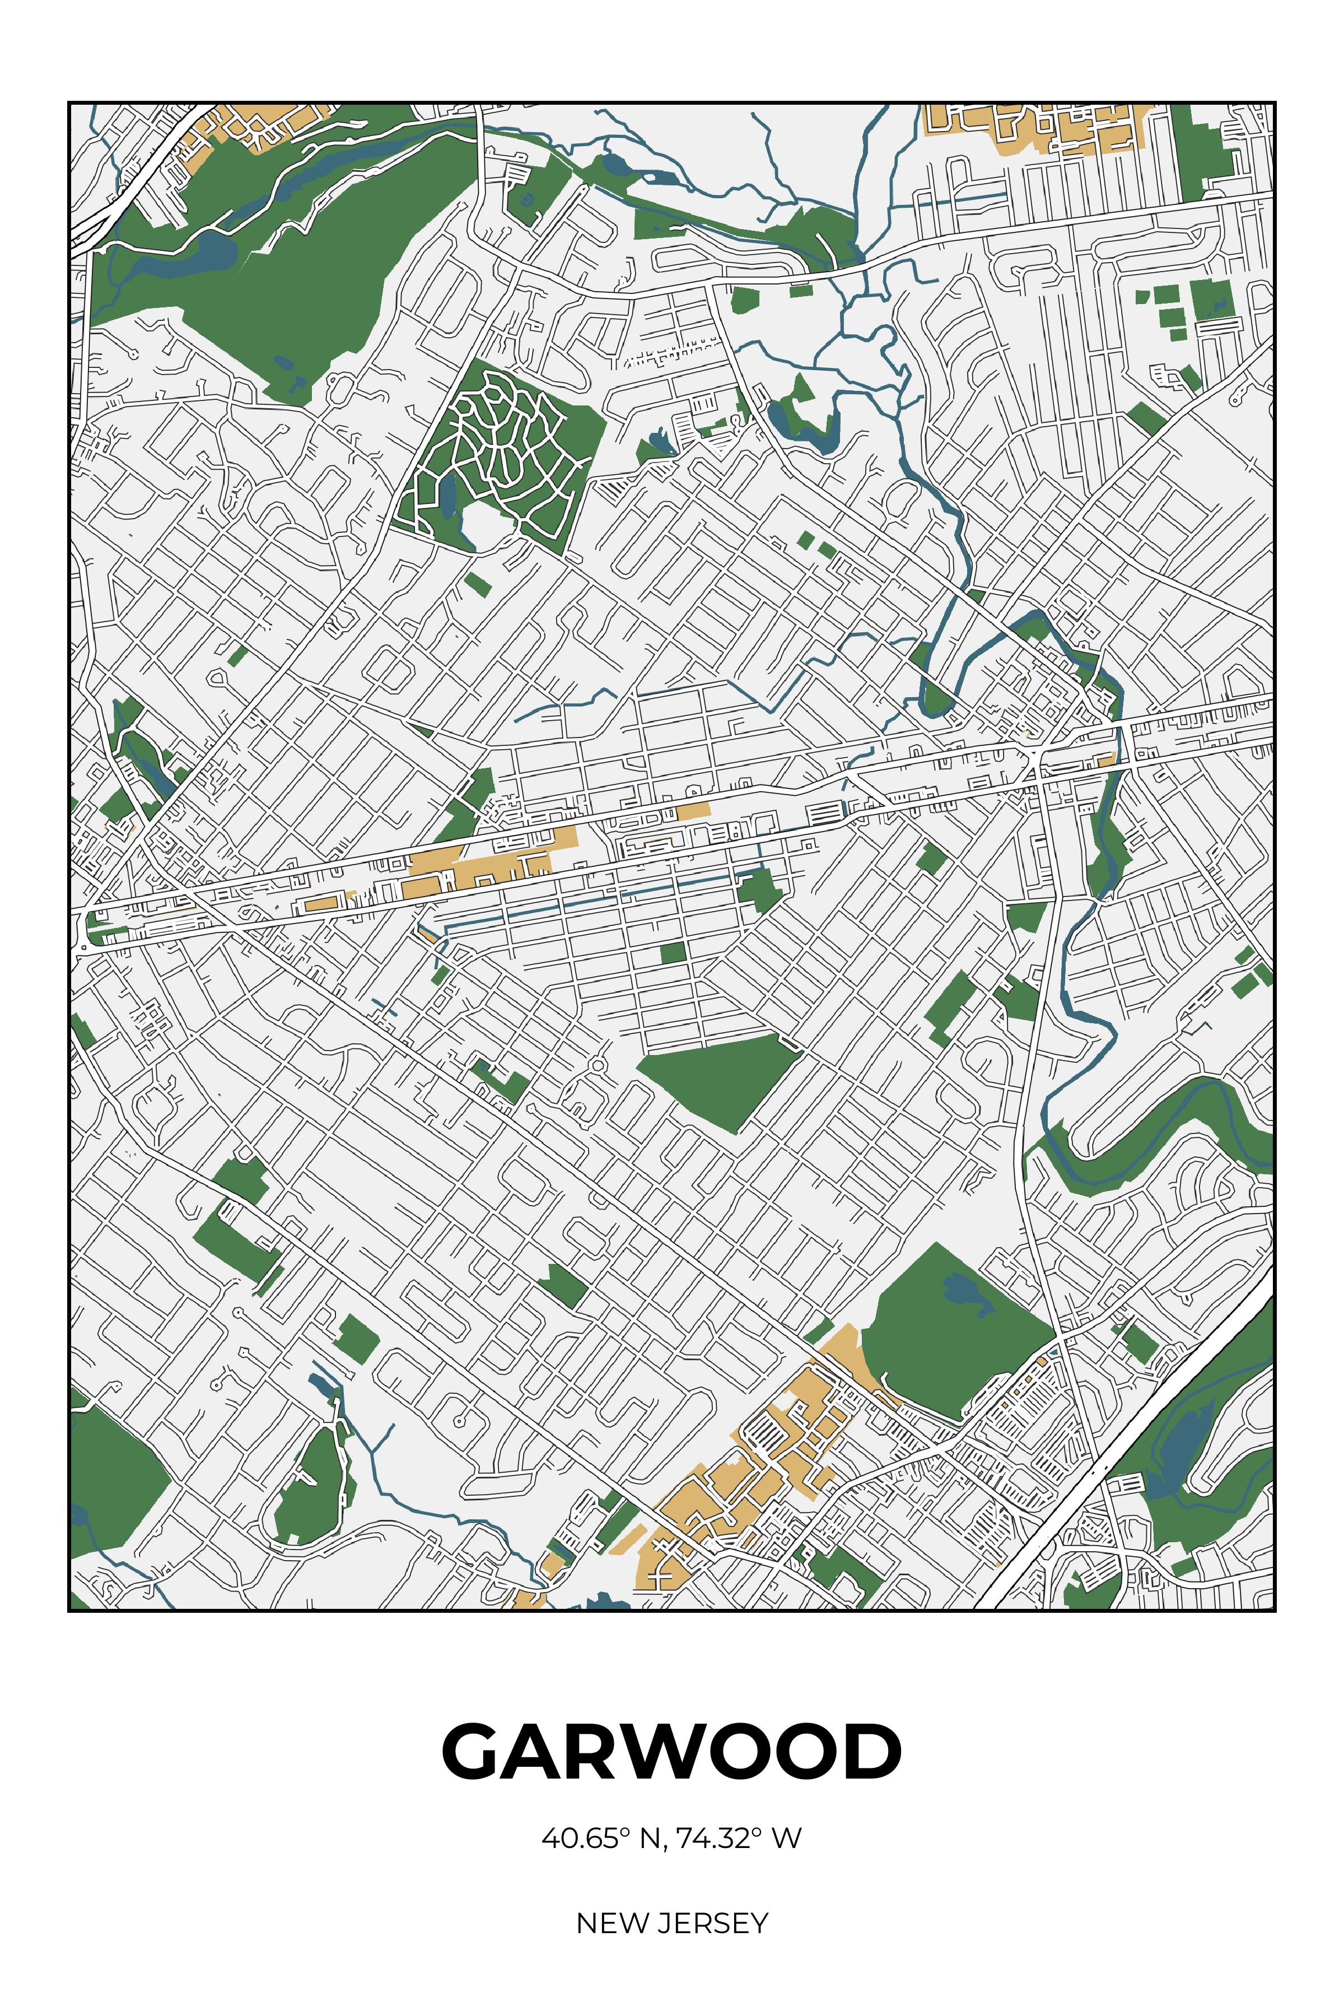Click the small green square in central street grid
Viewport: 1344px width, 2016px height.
tap(673, 953)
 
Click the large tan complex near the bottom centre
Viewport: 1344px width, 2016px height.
tap(754, 1474)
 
